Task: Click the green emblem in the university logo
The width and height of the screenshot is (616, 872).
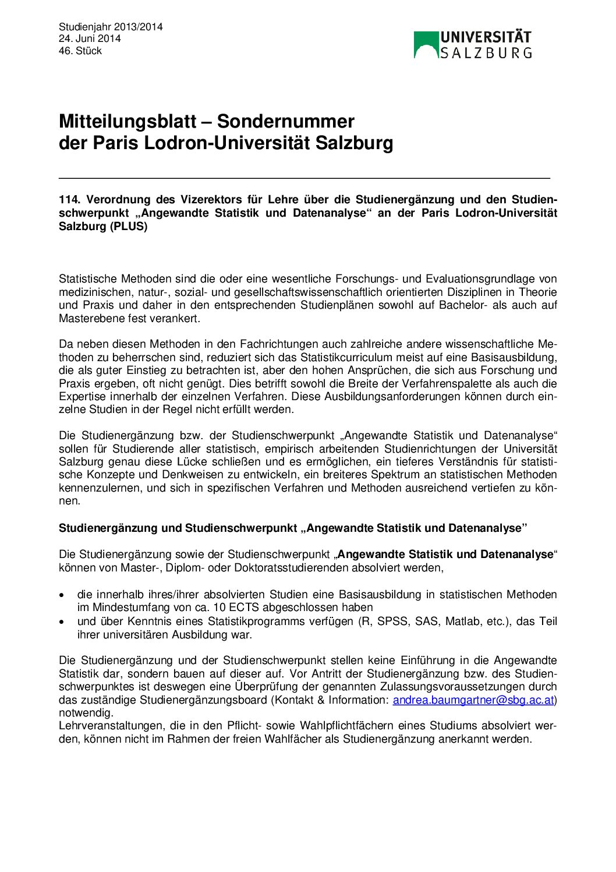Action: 426,45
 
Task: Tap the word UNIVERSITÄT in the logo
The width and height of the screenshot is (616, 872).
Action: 486,38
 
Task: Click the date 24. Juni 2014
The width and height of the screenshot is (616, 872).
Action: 90,38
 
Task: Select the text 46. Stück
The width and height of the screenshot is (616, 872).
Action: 80,51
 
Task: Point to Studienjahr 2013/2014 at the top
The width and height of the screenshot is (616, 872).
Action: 111,27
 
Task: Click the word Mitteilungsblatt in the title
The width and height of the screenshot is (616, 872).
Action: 128,121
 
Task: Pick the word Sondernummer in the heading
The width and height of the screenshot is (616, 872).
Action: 285,121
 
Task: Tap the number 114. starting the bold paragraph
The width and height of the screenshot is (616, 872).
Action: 69,200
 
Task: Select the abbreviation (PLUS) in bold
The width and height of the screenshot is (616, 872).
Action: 129,226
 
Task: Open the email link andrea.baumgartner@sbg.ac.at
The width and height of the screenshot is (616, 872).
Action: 473,700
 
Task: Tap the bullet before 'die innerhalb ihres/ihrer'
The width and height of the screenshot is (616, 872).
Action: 62,595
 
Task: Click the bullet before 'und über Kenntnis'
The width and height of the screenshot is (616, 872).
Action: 62,622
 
